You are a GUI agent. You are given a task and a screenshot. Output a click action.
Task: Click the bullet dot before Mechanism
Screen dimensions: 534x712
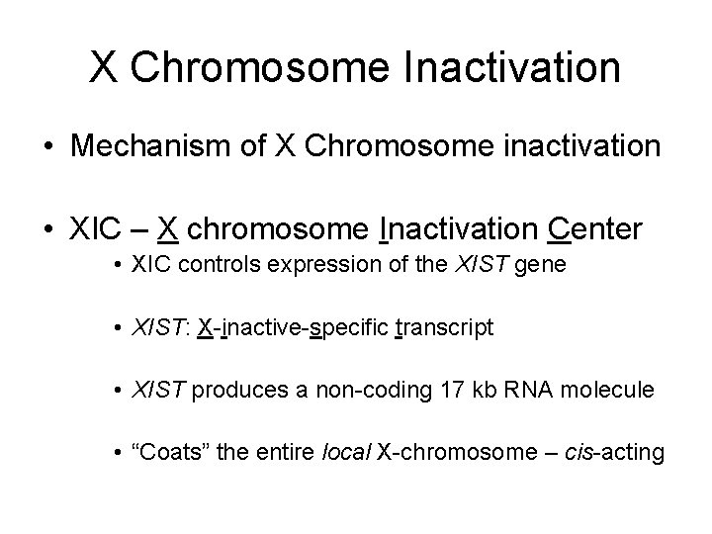tap(46, 147)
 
